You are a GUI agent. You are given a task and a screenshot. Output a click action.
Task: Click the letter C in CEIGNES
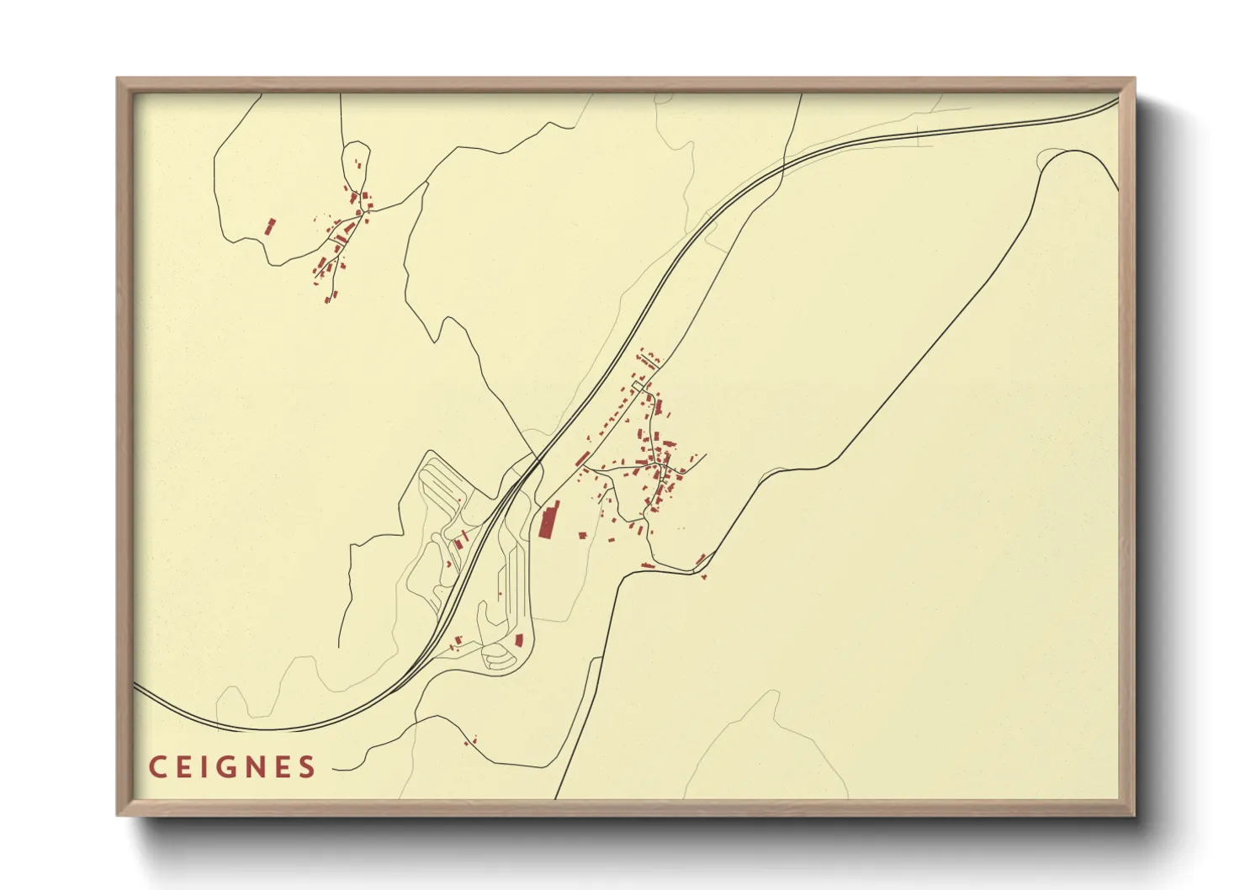(157, 766)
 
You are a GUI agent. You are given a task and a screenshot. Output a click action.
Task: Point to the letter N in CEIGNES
(255, 766)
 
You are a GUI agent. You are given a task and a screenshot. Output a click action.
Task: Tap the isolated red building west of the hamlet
(270, 226)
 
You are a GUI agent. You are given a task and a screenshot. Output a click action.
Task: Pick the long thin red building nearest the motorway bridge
(582, 458)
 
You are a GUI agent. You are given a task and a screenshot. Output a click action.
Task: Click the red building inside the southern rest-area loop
(518, 640)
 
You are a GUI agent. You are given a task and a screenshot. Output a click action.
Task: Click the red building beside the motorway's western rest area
(460, 543)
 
